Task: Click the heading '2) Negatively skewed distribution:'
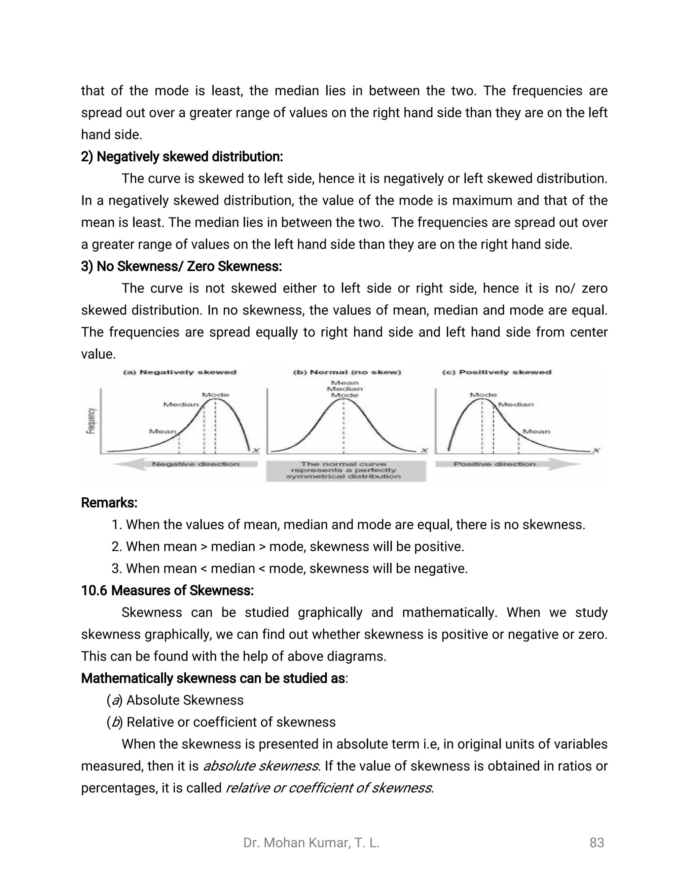pos(182,157)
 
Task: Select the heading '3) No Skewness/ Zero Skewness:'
pos(181,266)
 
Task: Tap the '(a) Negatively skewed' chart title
pos(180,372)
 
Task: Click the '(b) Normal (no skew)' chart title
pos(347,372)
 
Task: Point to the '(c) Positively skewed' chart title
pos(497,372)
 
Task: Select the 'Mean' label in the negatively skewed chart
pos(162,431)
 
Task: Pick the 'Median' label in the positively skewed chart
pos(516,404)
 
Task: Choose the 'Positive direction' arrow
pos(506,464)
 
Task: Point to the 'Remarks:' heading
pos(109,503)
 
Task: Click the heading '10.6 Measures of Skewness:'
pos(167,590)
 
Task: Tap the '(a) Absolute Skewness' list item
pos(175,700)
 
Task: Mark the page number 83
pos(596,843)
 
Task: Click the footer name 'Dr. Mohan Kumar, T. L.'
pos(312,843)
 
